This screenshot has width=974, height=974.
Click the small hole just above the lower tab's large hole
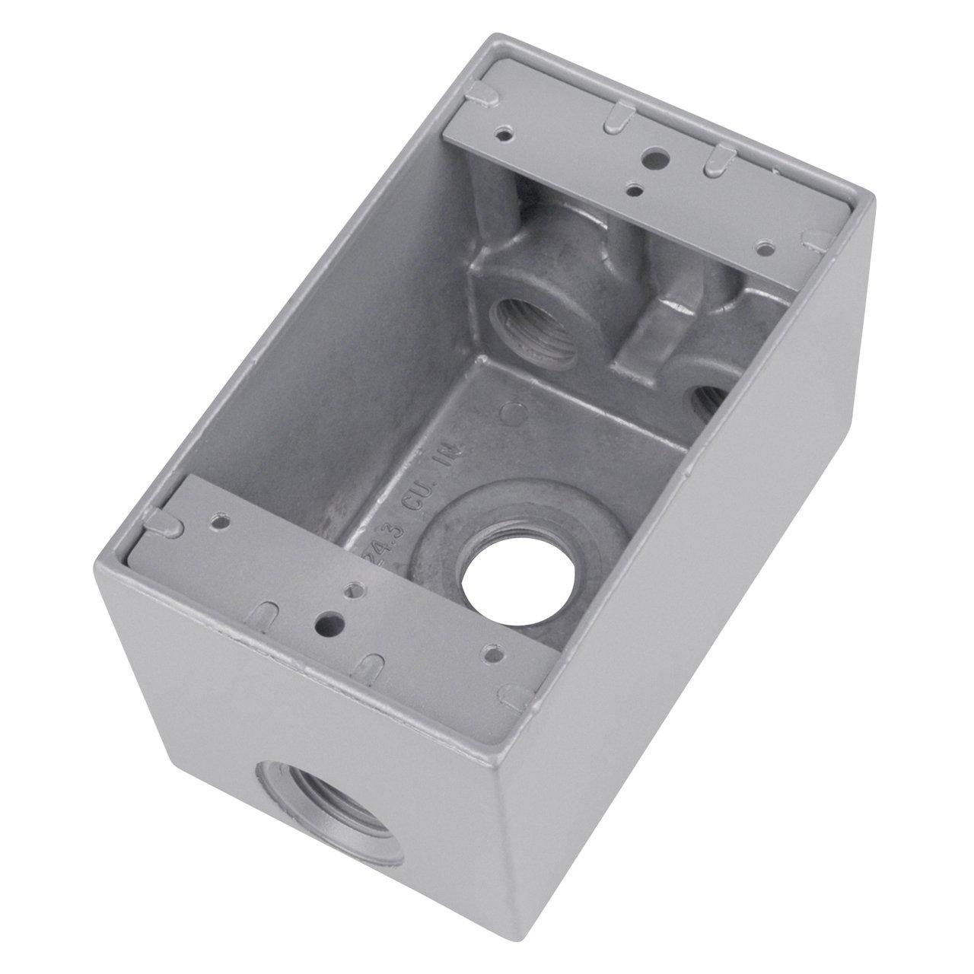353,590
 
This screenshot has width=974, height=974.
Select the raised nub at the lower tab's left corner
161,523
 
